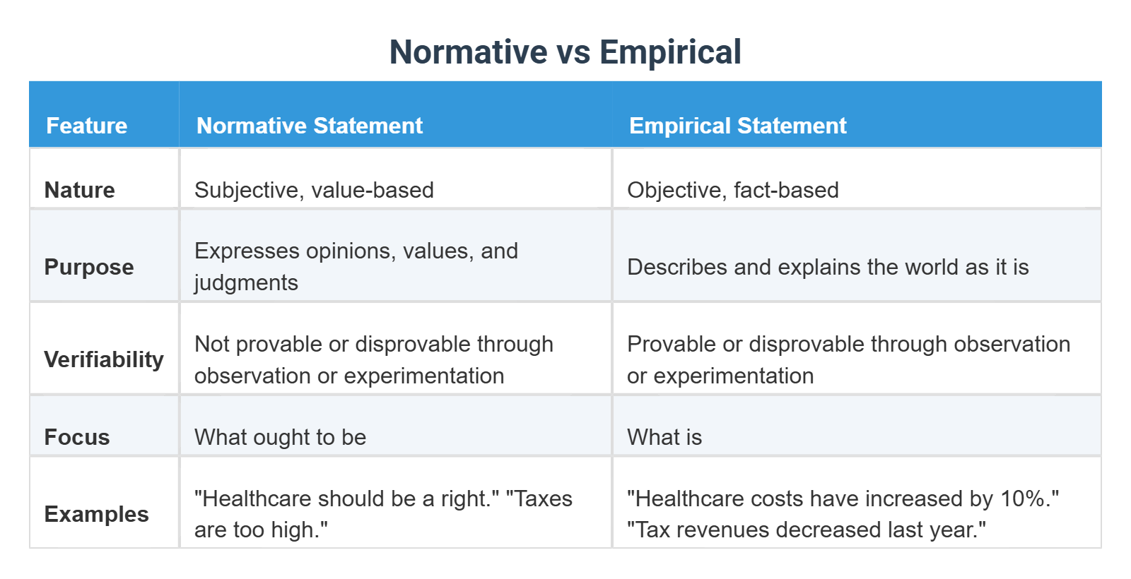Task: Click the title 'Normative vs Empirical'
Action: pyautogui.click(x=565, y=52)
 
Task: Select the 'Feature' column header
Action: pyautogui.click(x=86, y=126)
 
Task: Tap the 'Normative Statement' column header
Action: pyautogui.click(x=309, y=126)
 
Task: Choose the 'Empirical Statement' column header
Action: pyautogui.click(x=737, y=126)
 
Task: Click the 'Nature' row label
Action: pyautogui.click(x=79, y=190)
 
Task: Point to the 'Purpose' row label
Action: pyautogui.click(x=88, y=267)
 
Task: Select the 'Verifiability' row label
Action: pyautogui.click(x=103, y=359)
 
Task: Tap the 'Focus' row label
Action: pyautogui.click(x=76, y=437)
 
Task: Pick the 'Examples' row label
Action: pyautogui.click(x=96, y=514)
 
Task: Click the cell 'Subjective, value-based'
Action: pyautogui.click(x=314, y=190)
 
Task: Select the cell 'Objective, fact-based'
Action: pyautogui.click(x=732, y=190)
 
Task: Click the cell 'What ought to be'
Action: pyautogui.click(x=280, y=437)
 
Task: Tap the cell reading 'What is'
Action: pyautogui.click(x=664, y=437)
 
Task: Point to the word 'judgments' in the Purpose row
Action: pyautogui.click(x=246, y=282)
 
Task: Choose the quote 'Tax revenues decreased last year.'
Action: pyautogui.click(x=806, y=530)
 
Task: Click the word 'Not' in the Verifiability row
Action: pyautogui.click(x=211, y=344)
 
